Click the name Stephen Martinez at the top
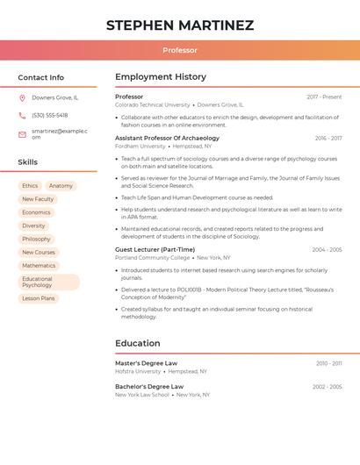[180, 25]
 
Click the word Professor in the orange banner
[180, 51]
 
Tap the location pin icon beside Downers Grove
[22, 98]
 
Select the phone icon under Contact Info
[22, 116]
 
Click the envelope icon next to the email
[22, 134]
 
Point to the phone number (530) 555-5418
[50, 116]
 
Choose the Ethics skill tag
[30, 186]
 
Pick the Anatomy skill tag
[61, 186]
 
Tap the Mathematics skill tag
[39, 266]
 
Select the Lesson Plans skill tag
[39, 298]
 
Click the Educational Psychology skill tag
[48, 282]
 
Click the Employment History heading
[161, 77]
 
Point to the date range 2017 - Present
[324, 97]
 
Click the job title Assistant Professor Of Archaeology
[167, 138]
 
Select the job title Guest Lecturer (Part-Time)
[155, 249]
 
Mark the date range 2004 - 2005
[327, 250]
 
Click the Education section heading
[138, 343]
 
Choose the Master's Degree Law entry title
[146, 362]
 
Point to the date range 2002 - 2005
[327, 387]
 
